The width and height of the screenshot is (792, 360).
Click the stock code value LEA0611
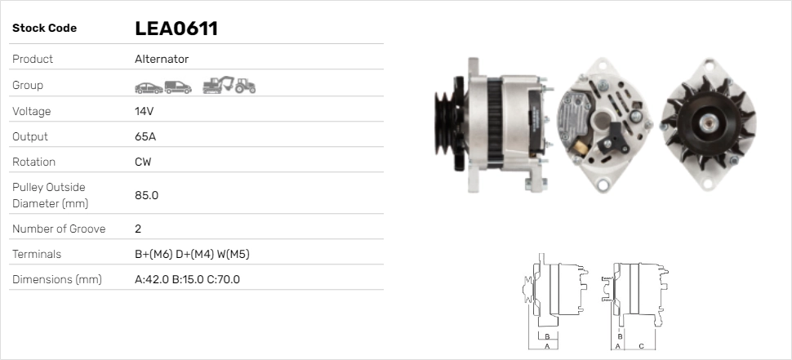click(176, 29)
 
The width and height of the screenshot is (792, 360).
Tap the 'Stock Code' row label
click(44, 29)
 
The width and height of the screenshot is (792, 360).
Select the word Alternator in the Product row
click(162, 59)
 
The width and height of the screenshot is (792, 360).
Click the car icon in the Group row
click(148, 87)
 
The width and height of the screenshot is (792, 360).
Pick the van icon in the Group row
click(178, 87)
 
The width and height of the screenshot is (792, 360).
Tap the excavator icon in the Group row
click(218, 85)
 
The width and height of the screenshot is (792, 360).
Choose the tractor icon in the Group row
click(245, 86)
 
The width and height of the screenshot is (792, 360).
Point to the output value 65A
click(145, 136)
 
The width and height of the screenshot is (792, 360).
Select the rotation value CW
click(143, 162)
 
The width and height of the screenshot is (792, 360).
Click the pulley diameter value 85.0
click(146, 195)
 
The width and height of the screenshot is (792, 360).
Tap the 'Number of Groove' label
click(59, 229)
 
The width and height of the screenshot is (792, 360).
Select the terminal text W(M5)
click(233, 254)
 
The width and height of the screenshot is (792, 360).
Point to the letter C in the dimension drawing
click(641, 346)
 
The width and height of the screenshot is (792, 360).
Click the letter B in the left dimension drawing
click(547, 336)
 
